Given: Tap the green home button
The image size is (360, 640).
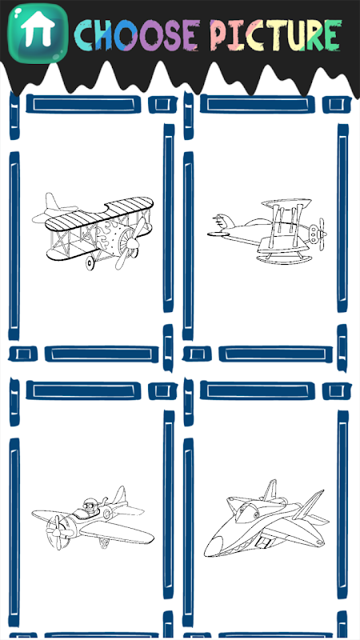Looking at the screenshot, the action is tap(38, 33).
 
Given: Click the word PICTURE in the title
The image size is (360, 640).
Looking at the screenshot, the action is tap(275, 34).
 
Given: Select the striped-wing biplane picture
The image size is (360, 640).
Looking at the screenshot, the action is tap(93, 230).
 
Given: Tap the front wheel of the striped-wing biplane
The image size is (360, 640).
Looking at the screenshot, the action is tap(90, 263).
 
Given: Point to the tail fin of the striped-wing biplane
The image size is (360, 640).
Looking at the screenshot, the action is tap(52, 202).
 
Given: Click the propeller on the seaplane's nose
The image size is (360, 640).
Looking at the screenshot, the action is tap(322, 234).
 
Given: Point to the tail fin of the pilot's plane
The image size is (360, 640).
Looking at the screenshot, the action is tap(119, 495).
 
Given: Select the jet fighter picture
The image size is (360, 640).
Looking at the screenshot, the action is tap(266, 518).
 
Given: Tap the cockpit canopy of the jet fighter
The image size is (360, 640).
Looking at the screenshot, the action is tap(248, 510).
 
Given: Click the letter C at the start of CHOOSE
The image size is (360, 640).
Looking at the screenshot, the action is tap(85, 35).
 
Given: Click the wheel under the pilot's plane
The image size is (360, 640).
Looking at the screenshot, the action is tap(105, 543).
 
